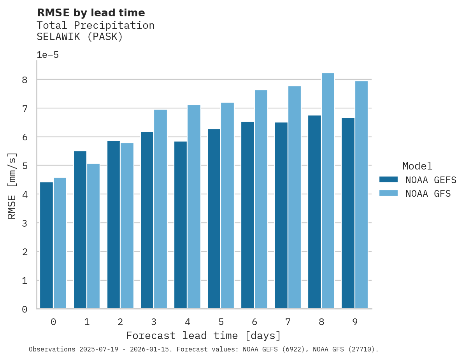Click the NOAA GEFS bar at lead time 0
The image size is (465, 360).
click(x=47, y=245)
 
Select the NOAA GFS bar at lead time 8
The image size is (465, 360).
click(x=328, y=191)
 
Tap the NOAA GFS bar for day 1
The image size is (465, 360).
click(x=93, y=236)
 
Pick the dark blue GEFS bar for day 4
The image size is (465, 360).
click(x=181, y=225)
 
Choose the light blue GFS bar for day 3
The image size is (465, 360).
click(x=160, y=209)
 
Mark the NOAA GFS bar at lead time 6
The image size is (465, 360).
click(x=261, y=199)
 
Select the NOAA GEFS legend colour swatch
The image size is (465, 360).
click(x=388, y=180)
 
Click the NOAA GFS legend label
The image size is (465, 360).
click(x=428, y=194)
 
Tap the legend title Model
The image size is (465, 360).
click(x=417, y=166)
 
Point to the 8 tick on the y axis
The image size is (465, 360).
click(x=25, y=80)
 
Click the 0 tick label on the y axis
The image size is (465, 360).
click(x=25, y=309)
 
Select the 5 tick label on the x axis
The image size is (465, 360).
click(x=221, y=322)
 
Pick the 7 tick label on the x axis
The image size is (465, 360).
click(x=288, y=322)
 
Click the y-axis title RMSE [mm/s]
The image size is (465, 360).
click(x=12, y=185)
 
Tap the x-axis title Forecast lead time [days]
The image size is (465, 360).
click(x=204, y=336)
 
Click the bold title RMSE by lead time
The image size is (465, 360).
click(x=91, y=13)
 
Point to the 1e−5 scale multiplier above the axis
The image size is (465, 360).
click(x=48, y=55)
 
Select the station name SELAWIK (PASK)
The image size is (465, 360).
click(x=80, y=37)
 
